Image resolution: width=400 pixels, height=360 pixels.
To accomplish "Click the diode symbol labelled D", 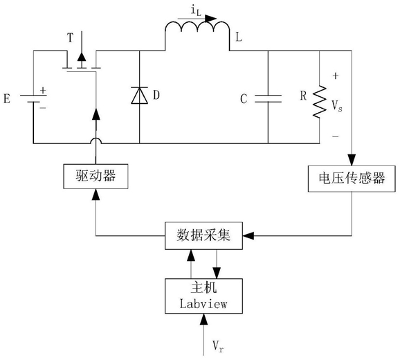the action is (139, 96).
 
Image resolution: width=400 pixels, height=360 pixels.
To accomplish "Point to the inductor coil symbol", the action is (197, 27).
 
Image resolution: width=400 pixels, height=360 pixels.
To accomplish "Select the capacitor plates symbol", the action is (268, 98).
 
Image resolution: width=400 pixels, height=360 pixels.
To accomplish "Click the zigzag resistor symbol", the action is (320, 102).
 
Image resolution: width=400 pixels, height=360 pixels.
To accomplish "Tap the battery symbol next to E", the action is (33, 98).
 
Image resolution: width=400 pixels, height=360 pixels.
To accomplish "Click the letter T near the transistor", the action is (70, 38).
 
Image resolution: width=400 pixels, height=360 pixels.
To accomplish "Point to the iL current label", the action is (196, 11).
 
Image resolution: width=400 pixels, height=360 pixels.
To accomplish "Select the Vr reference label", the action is (218, 346).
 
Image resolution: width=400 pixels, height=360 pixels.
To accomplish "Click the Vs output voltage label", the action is (337, 106).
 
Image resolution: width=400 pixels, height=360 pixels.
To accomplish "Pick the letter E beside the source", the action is (7, 99).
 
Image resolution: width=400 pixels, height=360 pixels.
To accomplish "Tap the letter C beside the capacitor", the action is (244, 99).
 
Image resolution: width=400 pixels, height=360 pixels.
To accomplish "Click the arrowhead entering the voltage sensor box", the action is (352, 160).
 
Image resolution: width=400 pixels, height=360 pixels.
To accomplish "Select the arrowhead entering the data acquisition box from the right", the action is (248, 236).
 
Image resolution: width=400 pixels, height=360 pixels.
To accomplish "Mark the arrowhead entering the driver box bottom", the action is (96, 195).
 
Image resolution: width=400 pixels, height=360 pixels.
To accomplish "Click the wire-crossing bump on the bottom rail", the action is (96, 141).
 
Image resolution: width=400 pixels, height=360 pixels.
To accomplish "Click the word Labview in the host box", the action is (203, 304).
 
